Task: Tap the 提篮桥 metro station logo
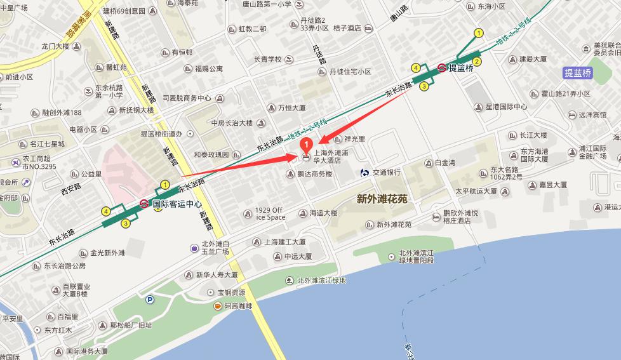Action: (441, 67)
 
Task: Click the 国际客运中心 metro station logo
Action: (145, 204)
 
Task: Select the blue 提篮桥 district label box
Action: (578, 73)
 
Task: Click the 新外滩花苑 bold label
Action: (382, 199)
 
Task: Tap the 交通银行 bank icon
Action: (364, 172)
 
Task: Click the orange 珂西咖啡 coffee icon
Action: (217, 306)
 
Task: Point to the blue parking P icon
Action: (150, 300)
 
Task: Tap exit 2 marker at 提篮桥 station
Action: (476, 62)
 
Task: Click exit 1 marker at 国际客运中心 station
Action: (165, 185)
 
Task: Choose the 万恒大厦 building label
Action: (291, 108)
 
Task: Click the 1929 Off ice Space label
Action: (269, 213)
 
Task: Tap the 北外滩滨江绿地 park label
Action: (321, 280)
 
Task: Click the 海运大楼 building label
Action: (323, 213)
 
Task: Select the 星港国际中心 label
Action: (506, 107)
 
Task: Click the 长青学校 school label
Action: (267, 60)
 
